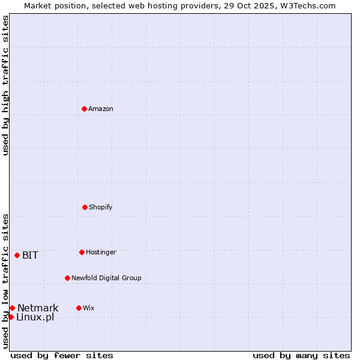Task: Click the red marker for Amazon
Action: (84, 109)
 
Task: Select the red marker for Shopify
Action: (85, 207)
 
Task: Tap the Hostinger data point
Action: (82, 252)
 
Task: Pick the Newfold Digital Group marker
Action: (67, 278)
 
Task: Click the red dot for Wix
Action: (79, 308)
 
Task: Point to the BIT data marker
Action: (17, 255)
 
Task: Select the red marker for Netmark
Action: (12, 308)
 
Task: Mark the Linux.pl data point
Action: (11, 317)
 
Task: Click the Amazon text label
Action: (101, 109)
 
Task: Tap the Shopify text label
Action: (101, 207)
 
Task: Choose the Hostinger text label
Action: (101, 252)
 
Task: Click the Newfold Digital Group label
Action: (106, 278)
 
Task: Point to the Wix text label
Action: (89, 308)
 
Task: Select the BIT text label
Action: (30, 255)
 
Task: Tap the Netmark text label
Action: (38, 308)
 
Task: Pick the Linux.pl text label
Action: (35, 317)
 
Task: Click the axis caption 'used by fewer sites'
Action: (62, 355)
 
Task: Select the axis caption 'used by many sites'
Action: (301, 355)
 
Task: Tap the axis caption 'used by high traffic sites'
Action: (5, 85)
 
